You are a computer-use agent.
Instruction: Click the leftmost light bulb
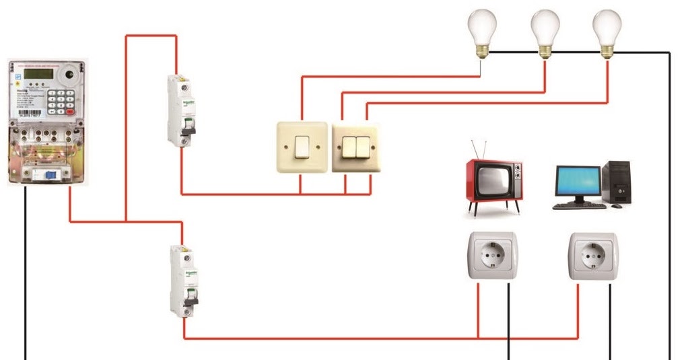pyautogui.click(x=481, y=30)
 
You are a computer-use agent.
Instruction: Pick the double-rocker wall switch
pyautogui.click(x=355, y=146)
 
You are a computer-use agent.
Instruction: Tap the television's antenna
pyautogui.click(x=479, y=149)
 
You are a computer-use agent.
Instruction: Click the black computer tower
pyautogui.click(x=617, y=182)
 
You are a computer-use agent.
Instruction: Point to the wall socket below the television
pyautogui.click(x=492, y=256)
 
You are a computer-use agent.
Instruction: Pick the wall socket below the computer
pyautogui.click(x=593, y=256)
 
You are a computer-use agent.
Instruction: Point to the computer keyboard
pyautogui.click(x=577, y=205)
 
